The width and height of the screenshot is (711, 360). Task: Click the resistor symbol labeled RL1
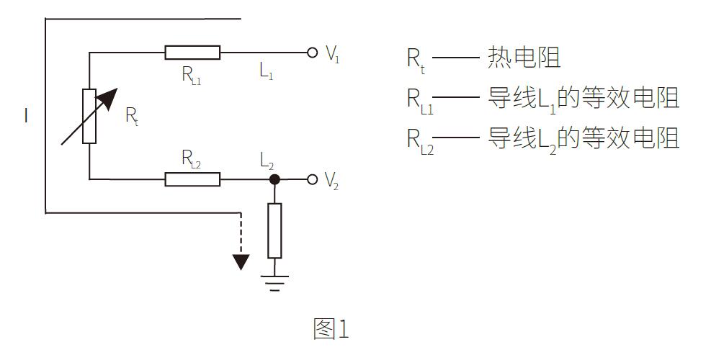192,52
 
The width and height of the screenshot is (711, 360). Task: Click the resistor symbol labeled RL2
192,179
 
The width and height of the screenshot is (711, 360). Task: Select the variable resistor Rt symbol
89,116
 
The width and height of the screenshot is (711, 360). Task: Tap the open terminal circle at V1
312,52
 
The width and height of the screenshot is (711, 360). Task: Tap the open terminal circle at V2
312,179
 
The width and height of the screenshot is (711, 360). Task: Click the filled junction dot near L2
274,179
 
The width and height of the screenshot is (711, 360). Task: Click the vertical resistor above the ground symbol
274,230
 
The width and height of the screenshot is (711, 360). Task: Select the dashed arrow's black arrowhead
241,261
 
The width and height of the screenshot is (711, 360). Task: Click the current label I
27,116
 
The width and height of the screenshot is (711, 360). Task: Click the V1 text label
332,55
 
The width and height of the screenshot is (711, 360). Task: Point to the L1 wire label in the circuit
267,71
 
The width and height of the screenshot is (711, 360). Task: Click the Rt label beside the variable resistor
132,116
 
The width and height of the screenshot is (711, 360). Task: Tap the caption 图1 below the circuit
331,328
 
